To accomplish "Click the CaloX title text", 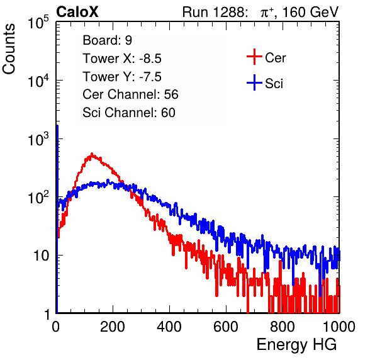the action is tap(77, 12).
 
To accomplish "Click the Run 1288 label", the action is tap(214, 12).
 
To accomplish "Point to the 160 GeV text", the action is tap(310, 12).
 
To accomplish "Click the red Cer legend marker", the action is tap(254, 57).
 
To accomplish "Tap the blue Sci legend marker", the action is tap(254, 83).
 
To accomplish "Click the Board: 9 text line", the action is tap(108, 40).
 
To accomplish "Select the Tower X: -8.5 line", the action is tap(122, 59).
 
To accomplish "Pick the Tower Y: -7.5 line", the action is tap(122, 77).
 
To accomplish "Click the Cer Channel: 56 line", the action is tap(130, 94).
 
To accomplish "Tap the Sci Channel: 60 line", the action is tap(129, 113).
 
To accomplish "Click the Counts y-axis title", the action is tap(9, 49).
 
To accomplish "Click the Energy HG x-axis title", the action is tap(297, 345).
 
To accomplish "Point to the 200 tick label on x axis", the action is tap(113, 327).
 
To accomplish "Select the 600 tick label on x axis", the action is tap(226, 327).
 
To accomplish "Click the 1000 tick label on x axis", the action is tap(339, 327).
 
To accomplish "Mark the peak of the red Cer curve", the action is tap(92, 154).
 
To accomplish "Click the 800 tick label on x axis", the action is tap(283, 327).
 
